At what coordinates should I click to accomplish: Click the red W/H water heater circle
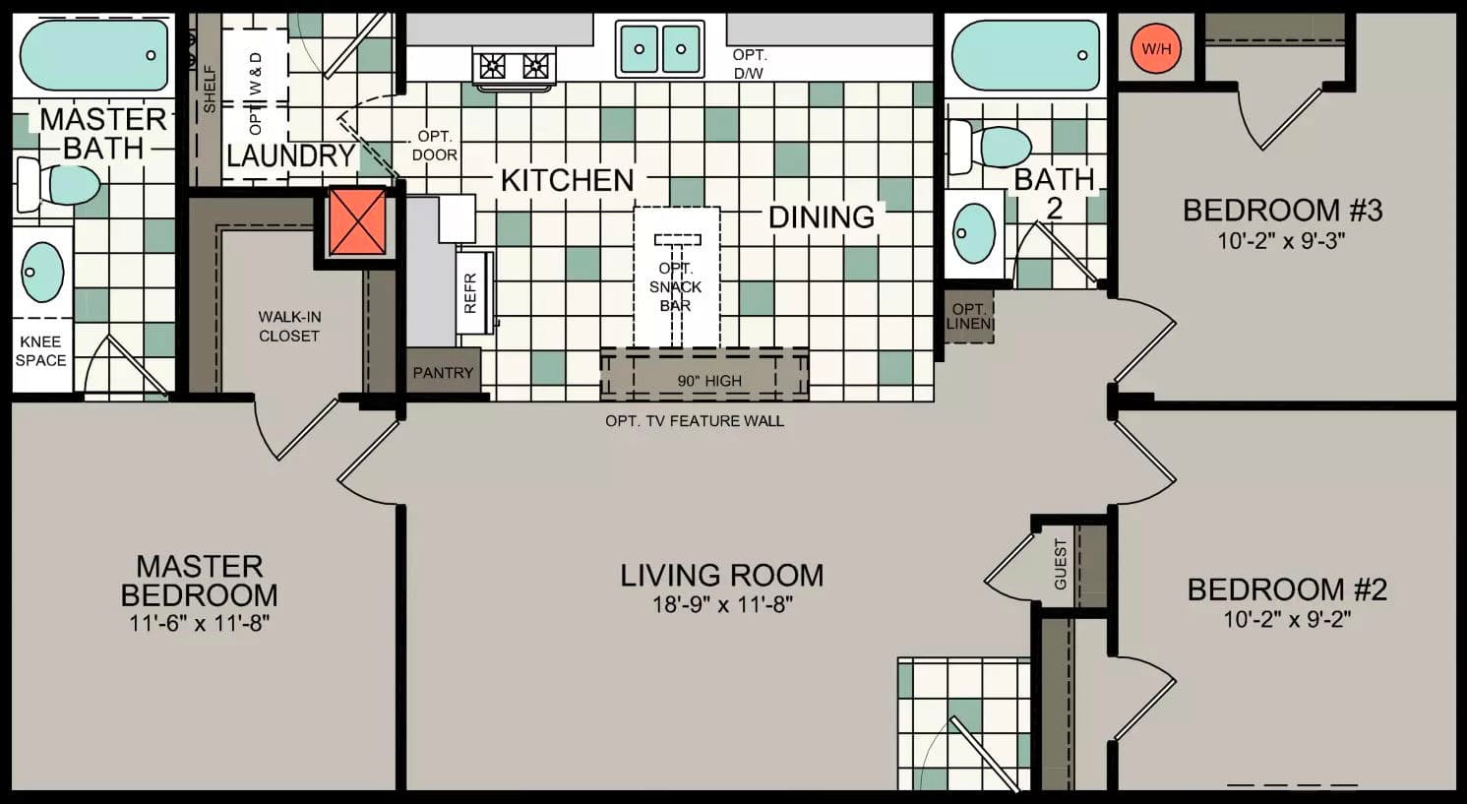tap(1155, 48)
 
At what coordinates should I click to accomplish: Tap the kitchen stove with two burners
tap(514, 66)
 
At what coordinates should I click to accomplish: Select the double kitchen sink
tap(659, 48)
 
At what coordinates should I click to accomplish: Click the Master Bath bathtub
tap(94, 55)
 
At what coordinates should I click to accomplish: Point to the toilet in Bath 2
tap(991, 147)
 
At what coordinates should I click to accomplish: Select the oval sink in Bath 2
tap(974, 233)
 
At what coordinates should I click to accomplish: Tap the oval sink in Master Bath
tap(42, 272)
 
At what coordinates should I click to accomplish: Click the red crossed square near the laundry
tap(357, 221)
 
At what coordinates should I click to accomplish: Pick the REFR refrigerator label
tap(470, 292)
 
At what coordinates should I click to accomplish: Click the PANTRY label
tap(443, 372)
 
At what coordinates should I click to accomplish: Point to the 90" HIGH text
tap(709, 381)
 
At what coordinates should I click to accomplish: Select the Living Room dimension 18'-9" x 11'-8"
tap(722, 603)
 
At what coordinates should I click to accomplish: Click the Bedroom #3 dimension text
tap(1281, 240)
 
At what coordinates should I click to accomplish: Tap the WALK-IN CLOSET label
tap(289, 326)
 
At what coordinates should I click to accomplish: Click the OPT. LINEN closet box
tap(969, 316)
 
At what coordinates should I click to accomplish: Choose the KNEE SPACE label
tap(41, 351)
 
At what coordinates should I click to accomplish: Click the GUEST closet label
tap(1060, 563)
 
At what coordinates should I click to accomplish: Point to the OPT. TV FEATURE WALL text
tap(695, 421)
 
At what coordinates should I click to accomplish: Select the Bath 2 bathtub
tap(1026, 55)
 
